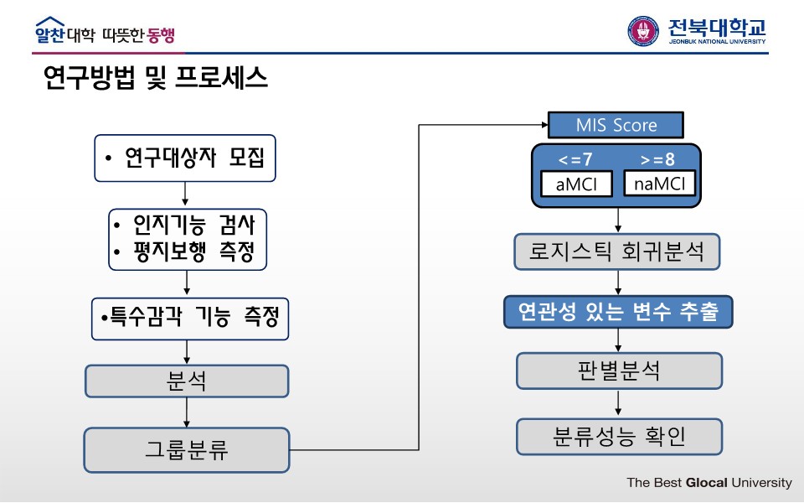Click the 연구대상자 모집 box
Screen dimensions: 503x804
tap(185, 158)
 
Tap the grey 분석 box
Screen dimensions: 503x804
tap(187, 381)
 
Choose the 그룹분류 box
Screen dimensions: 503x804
tap(187, 449)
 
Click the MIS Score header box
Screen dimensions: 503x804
tap(616, 125)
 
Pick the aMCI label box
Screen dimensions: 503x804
tap(577, 184)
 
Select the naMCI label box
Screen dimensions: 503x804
tap(660, 184)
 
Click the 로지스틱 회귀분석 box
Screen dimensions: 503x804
tap(617, 251)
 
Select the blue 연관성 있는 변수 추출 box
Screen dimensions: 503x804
tap(618, 312)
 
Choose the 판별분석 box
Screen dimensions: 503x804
tap(619, 371)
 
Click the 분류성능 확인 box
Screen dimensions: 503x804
tap(619, 436)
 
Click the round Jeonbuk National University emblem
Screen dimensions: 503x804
tap(643, 31)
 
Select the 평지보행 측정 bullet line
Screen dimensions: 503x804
tap(188, 251)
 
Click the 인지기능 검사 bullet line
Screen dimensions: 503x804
tap(188, 225)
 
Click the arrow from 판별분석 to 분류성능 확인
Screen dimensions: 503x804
tap(619, 403)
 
